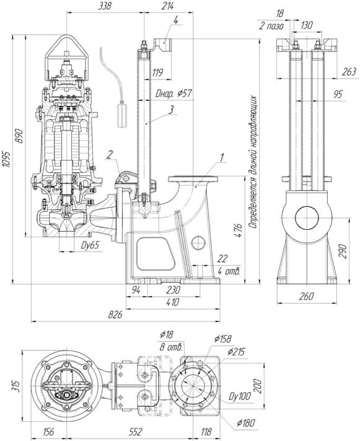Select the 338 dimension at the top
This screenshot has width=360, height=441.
tap(105, 6)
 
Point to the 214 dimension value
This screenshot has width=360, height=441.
tap(167, 6)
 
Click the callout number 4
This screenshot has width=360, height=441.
tap(176, 20)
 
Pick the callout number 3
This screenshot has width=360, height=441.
tap(171, 110)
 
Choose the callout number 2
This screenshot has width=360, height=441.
tap(110, 154)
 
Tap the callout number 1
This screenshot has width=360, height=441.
tap(222, 158)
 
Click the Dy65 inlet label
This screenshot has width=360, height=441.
tap(90, 245)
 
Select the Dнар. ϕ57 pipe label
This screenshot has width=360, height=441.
tap(174, 94)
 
